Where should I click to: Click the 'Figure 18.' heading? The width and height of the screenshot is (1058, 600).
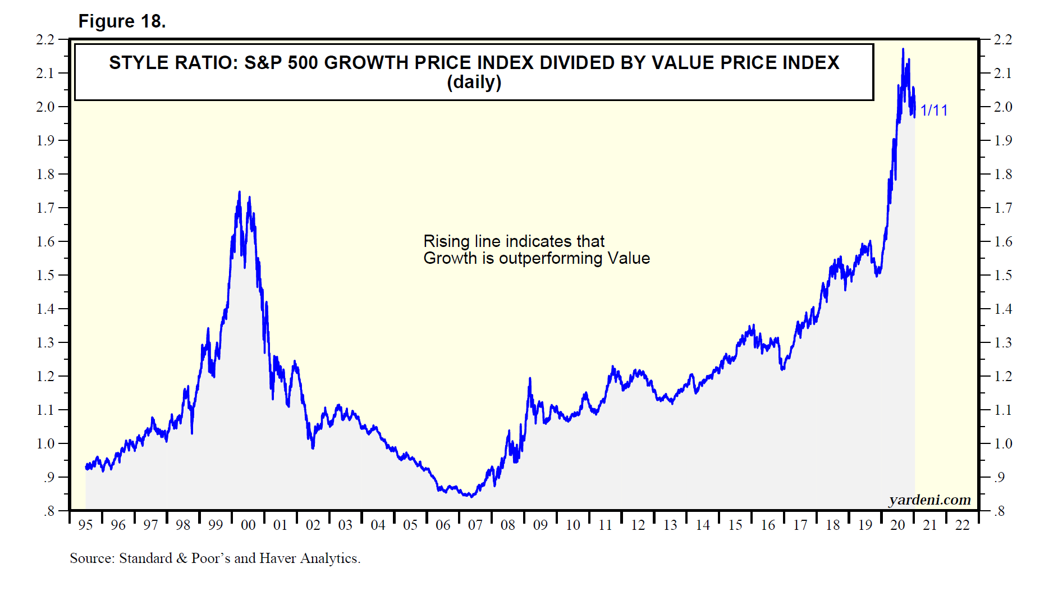(x=122, y=21)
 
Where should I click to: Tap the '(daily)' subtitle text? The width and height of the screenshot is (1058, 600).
(x=474, y=83)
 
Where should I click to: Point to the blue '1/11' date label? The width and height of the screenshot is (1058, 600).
(x=934, y=110)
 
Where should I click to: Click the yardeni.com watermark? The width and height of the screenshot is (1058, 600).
(x=929, y=500)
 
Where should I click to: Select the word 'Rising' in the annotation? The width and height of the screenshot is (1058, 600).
(x=446, y=241)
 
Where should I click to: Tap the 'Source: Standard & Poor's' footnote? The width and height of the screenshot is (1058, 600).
(x=215, y=558)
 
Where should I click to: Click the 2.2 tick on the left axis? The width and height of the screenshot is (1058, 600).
(x=45, y=40)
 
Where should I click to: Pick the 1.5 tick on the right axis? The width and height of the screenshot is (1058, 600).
(x=1003, y=275)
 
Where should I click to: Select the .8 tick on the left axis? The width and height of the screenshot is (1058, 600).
(x=49, y=511)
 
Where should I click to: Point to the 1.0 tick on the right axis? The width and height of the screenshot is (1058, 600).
(x=1003, y=443)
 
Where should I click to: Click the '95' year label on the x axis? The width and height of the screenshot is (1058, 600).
(x=85, y=525)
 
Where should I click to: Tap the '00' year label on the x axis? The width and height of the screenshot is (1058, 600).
(x=248, y=525)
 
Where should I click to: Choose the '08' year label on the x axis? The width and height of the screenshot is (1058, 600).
(x=507, y=525)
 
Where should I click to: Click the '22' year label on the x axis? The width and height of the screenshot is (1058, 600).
(x=962, y=525)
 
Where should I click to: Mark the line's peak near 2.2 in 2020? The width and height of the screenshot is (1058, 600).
(x=903, y=49)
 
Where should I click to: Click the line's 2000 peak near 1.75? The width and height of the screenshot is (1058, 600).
(x=240, y=192)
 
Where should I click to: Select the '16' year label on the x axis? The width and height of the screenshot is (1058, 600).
(x=767, y=525)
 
